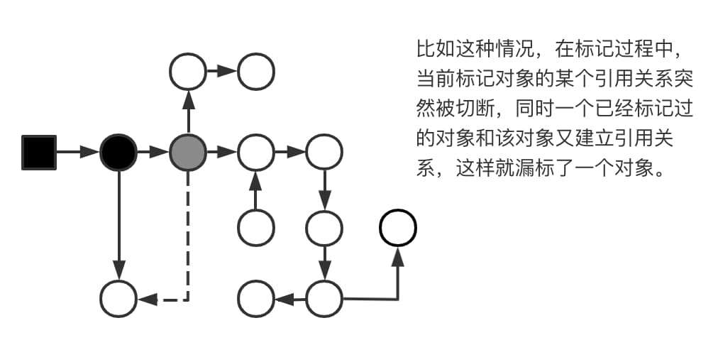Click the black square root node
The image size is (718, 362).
[x=38, y=152]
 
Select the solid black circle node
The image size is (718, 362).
[x=118, y=152]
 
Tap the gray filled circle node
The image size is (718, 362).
[x=188, y=152]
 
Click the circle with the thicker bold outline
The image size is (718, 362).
[x=398, y=228]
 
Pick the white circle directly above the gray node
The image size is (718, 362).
[x=188, y=71]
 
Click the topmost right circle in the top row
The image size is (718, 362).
[x=255, y=71]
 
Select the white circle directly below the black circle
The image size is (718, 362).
[x=118, y=299]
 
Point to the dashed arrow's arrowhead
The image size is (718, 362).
[x=147, y=300]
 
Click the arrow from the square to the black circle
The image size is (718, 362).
[x=78, y=152]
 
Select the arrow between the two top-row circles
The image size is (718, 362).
[x=222, y=71]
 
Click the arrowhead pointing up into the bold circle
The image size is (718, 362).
[x=398, y=256]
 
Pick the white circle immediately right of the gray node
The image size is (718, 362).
[x=255, y=152]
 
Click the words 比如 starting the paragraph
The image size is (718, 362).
[x=436, y=50]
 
